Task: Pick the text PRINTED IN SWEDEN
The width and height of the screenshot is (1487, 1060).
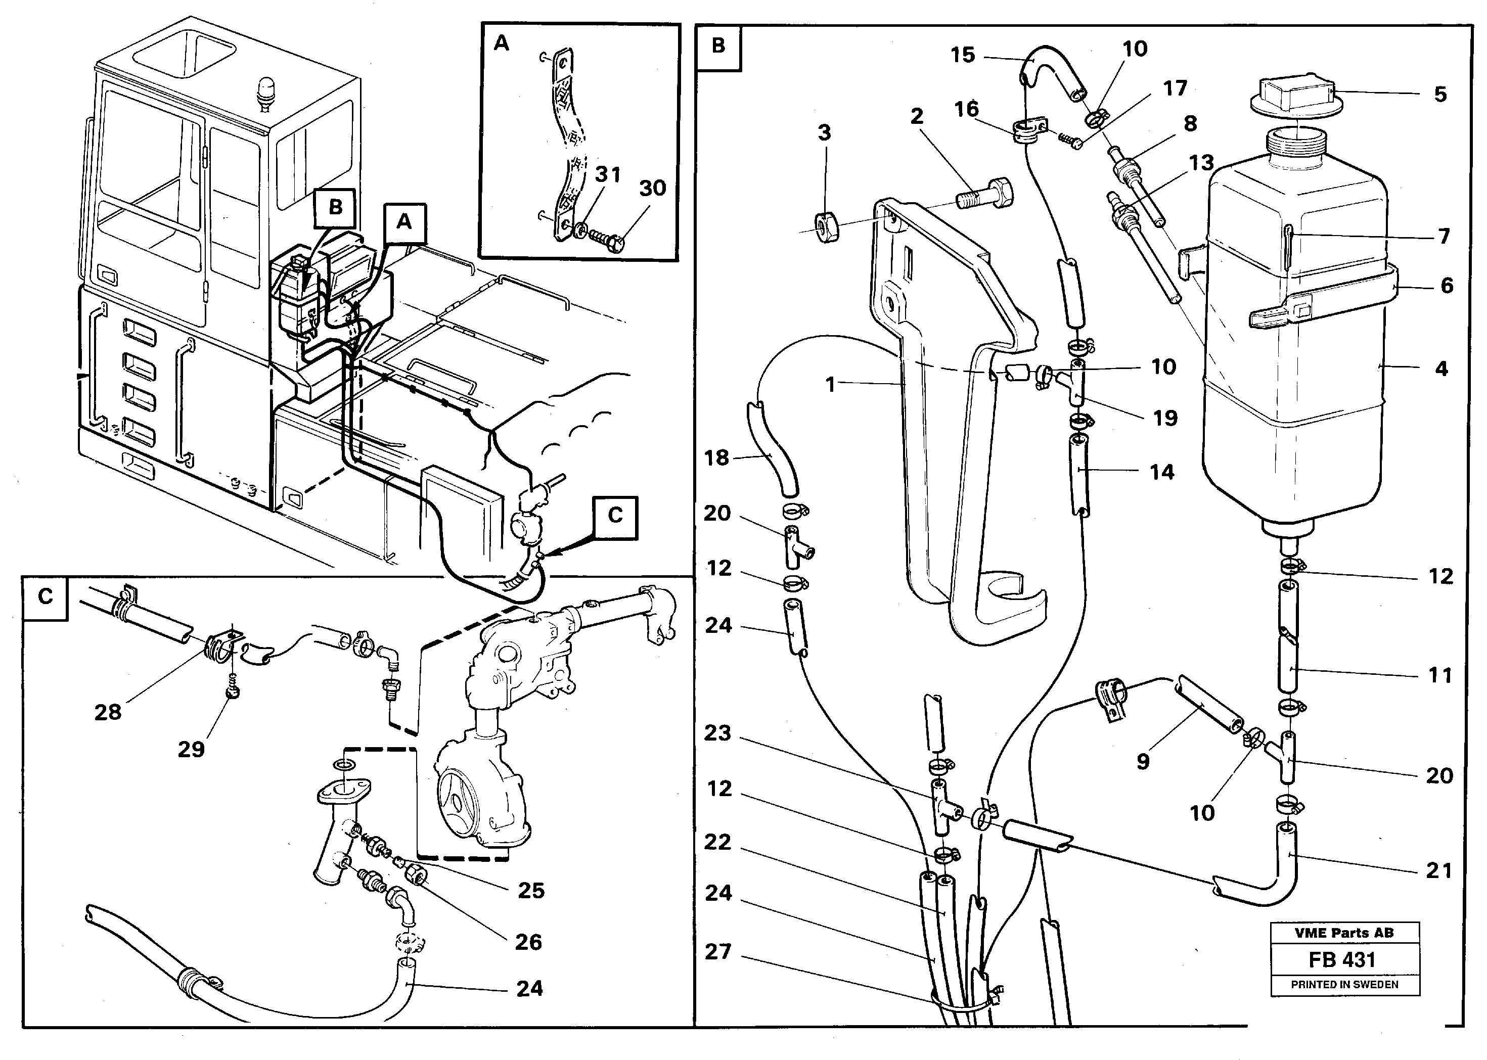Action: point(1345,984)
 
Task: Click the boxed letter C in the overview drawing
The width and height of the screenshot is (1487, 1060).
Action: point(615,516)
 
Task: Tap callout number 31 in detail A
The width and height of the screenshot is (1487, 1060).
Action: point(608,174)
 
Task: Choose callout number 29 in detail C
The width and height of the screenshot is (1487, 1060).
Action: point(191,749)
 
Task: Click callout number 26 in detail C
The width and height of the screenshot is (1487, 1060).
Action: point(528,942)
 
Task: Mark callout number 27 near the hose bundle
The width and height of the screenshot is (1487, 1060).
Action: point(718,952)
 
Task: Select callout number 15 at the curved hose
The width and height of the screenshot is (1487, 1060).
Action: point(963,55)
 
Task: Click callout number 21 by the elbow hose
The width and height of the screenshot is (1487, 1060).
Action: point(1438,871)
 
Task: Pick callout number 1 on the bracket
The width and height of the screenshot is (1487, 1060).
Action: point(830,385)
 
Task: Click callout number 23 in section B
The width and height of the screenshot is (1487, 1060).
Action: point(717,733)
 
